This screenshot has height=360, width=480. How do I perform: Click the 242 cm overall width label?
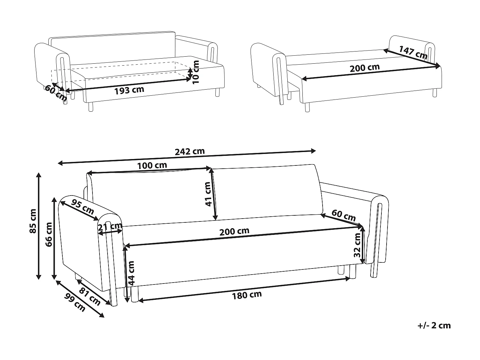[189, 151]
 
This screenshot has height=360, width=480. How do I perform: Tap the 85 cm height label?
[33, 221]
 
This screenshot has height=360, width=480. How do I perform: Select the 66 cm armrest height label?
[49, 235]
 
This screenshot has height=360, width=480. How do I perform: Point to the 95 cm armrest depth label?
[83, 207]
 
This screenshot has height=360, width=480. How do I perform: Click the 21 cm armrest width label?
[110, 227]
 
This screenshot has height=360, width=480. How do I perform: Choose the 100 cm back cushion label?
[152, 165]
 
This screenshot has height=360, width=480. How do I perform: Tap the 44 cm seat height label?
[131, 273]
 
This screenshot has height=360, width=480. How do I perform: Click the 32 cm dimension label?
[357, 245]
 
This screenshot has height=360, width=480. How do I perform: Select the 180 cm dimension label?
[247, 295]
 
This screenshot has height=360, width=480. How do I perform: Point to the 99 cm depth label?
[75, 302]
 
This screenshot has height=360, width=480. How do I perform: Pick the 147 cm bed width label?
[413, 52]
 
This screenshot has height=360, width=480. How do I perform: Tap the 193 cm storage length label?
[129, 90]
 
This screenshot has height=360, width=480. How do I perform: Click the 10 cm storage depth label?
[196, 72]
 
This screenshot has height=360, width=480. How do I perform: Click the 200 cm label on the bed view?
[365, 68]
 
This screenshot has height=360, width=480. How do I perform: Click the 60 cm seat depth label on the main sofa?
[344, 215]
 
